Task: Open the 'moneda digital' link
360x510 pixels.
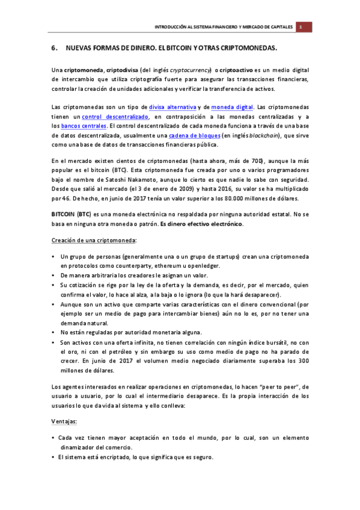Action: pyautogui.click(x=232, y=107)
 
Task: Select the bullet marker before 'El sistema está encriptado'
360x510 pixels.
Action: pyautogui.click(x=54, y=457)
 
